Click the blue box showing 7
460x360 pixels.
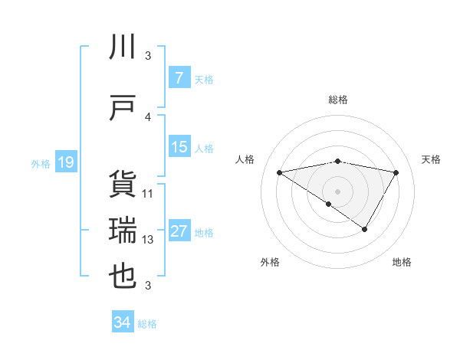[179, 77]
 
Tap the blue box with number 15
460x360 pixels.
[179, 147]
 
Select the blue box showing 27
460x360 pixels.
[179, 231]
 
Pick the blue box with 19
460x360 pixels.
[65, 162]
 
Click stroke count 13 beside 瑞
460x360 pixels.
[148, 240]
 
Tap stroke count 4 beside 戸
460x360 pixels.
[148, 116]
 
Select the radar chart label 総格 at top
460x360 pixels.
[337, 100]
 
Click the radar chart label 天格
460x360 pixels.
[432, 159]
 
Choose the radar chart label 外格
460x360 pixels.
[270, 262]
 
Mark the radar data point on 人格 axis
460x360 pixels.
[280, 172]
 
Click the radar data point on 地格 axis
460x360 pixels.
[365, 229]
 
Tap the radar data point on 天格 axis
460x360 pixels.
[396, 172]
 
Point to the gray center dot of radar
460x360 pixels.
[337, 191]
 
